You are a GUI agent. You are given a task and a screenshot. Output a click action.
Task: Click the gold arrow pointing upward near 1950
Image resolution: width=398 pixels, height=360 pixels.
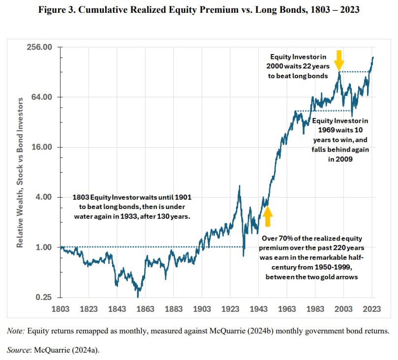(267, 216)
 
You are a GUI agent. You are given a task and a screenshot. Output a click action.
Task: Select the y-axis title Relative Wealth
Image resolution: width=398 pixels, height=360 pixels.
(22, 172)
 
